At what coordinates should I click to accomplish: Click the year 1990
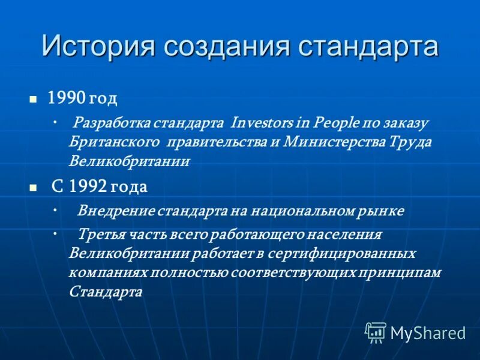click(x=67, y=97)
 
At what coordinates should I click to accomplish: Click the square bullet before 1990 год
click(x=34, y=98)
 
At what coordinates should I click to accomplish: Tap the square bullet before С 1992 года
click(x=34, y=187)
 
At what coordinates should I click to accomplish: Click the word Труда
click(x=410, y=142)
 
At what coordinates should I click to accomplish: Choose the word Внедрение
click(x=116, y=211)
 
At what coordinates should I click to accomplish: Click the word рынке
click(x=383, y=211)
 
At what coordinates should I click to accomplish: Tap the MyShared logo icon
click(x=376, y=332)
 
